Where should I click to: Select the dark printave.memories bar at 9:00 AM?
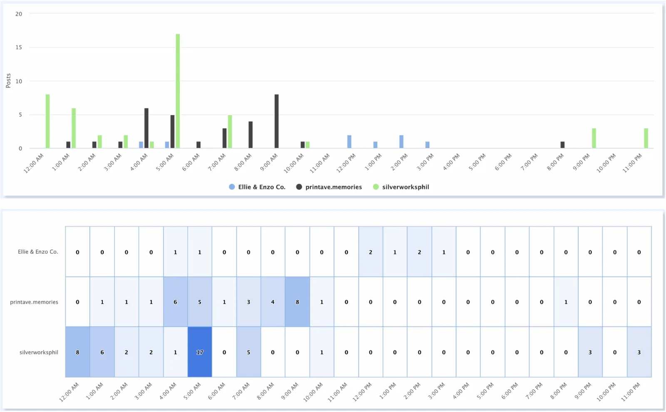(276, 121)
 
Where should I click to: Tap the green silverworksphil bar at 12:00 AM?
(47, 121)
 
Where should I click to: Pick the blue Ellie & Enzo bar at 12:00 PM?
(349, 142)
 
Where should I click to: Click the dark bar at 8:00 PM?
(562, 145)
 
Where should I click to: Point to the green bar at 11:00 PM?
(646, 138)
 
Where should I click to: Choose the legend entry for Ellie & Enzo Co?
(257, 187)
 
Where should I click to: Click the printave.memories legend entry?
(329, 187)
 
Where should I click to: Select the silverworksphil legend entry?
(401, 187)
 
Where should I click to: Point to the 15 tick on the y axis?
(19, 47)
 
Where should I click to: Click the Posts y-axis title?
(8, 81)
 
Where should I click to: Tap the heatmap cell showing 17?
(200, 352)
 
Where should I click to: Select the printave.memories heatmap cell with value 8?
(297, 302)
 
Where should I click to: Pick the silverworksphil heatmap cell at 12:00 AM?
(77, 352)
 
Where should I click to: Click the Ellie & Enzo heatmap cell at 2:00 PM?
(419, 252)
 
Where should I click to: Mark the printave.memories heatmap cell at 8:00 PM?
(566, 302)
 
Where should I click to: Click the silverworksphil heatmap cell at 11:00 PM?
(639, 352)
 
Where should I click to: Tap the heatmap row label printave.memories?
(34, 302)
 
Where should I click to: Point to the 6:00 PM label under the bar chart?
(503, 162)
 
